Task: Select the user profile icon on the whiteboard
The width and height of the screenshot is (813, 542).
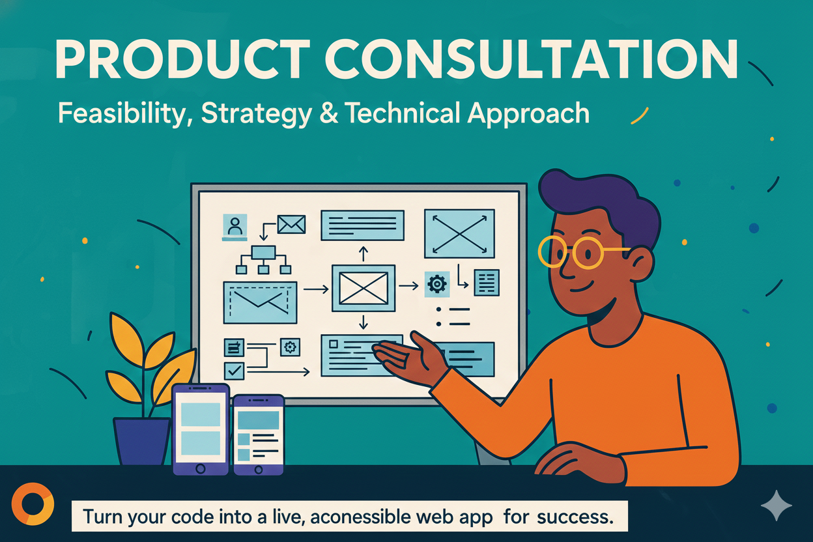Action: tap(235, 226)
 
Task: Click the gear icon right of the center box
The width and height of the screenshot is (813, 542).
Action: tap(435, 284)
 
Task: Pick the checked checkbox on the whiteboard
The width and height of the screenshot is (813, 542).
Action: tap(233, 371)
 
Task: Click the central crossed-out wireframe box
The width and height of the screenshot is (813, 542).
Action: tap(364, 287)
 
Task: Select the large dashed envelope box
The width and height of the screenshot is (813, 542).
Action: tap(260, 302)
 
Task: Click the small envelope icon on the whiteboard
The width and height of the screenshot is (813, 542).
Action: tap(291, 224)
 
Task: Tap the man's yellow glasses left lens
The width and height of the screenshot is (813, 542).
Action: tap(552, 251)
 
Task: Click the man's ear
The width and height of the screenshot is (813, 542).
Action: tap(641, 264)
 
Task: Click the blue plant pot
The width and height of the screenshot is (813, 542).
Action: tap(141, 440)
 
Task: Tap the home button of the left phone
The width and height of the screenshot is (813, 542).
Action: tap(201, 468)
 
